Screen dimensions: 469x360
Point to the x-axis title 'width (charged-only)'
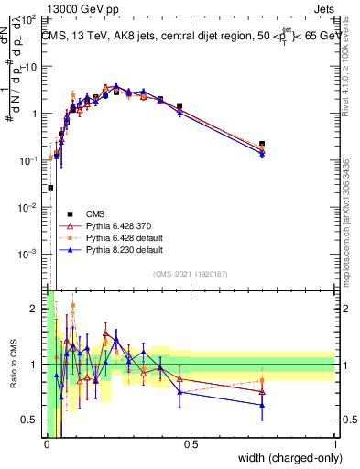[x=285, y=458]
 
